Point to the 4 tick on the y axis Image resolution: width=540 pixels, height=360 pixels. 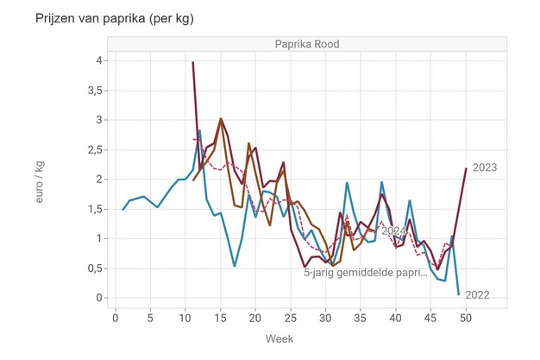click(x=100, y=60)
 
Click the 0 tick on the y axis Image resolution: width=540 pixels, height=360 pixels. click(x=100, y=298)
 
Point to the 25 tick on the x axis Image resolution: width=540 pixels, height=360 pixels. click(x=291, y=316)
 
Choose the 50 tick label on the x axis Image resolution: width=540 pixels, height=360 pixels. click(x=466, y=316)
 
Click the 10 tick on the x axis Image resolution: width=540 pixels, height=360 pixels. click(x=185, y=316)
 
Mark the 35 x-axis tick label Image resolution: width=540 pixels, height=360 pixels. click(x=361, y=316)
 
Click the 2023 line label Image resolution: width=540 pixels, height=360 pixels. click(x=486, y=167)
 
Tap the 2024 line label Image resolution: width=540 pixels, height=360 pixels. click(x=393, y=231)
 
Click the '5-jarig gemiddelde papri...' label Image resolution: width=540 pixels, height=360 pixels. click(x=366, y=273)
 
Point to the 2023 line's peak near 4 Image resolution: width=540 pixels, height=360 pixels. click(x=192, y=62)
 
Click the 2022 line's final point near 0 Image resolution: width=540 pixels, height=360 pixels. click(x=458, y=294)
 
